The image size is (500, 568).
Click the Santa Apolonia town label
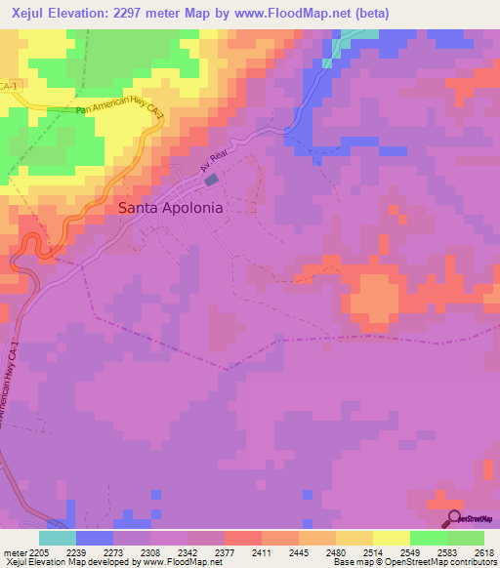click(x=170, y=208)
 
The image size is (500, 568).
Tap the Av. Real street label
click(x=212, y=167)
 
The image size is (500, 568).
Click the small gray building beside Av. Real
click(x=212, y=181)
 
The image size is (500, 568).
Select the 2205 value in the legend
click(x=39, y=551)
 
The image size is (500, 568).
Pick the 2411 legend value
click(x=260, y=551)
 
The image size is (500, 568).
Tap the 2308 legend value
click(x=149, y=551)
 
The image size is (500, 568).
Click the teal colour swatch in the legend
click(x=57, y=538)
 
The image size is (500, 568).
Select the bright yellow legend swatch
click(x=391, y=538)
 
